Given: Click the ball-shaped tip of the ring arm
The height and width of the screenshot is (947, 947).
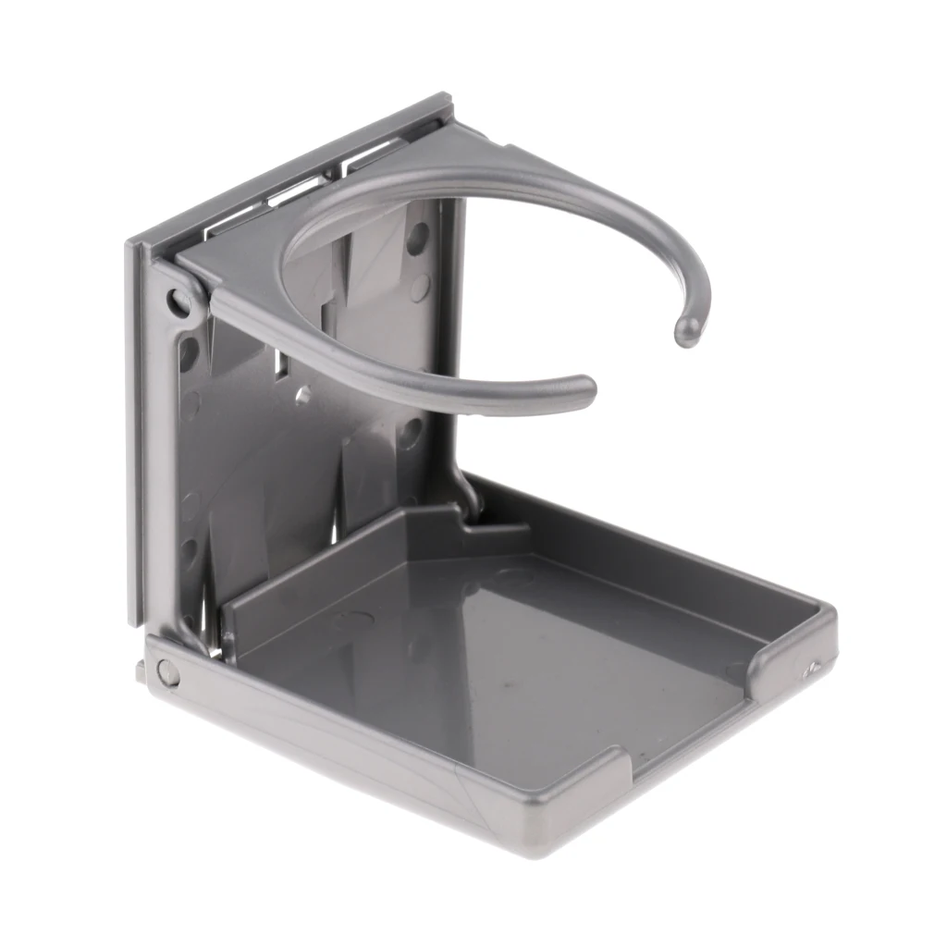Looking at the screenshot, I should pyautogui.click(x=687, y=330).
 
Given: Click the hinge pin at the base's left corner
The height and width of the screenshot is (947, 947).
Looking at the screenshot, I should pyautogui.click(x=167, y=672).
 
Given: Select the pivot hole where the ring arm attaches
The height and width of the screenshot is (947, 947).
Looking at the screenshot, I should pyautogui.click(x=178, y=301).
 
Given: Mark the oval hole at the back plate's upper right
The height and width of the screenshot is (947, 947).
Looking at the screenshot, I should pyautogui.click(x=418, y=239).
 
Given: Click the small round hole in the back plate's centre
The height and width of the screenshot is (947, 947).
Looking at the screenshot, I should pyautogui.click(x=302, y=396).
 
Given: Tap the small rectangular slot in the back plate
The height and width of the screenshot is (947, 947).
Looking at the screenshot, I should pyautogui.click(x=283, y=365).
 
